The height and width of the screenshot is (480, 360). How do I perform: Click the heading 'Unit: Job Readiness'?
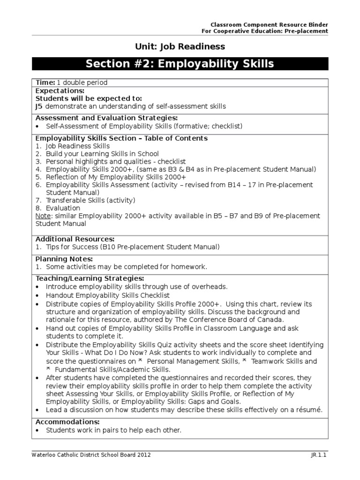click(x=180, y=46)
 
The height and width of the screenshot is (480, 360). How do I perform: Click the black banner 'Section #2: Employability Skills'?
click(x=180, y=64)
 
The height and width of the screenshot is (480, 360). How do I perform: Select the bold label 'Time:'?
click(x=45, y=82)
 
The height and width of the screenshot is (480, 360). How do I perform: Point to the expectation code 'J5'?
click(x=39, y=106)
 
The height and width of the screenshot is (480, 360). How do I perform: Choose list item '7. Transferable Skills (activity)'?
click(x=85, y=200)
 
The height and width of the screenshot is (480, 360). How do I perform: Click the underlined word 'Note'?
click(x=43, y=216)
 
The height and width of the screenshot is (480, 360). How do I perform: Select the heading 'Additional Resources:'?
click(x=75, y=239)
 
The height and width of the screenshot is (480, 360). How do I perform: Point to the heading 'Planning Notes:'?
click(x=64, y=259)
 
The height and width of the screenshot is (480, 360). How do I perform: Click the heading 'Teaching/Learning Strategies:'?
click(x=87, y=278)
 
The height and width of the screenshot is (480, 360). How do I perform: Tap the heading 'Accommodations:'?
click(x=67, y=422)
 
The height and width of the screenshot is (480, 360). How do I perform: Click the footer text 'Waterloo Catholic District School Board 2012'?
click(x=91, y=455)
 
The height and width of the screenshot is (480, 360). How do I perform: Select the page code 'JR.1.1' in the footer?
click(x=319, y=455)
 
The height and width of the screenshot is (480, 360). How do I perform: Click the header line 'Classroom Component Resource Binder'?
click(x=269, y=24)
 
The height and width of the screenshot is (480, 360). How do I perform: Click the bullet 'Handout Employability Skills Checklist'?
click(x=108, y=296)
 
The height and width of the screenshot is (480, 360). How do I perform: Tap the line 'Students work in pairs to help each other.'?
click(x=113, y=430)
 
